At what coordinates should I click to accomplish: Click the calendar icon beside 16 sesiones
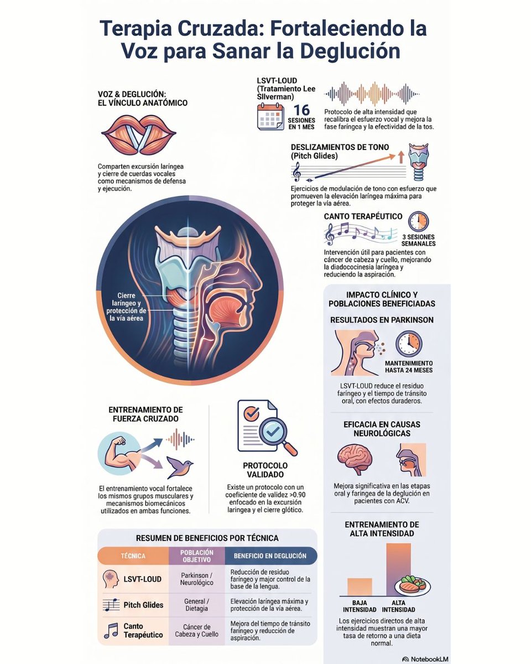point(270,117)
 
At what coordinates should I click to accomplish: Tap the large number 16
point(301,110)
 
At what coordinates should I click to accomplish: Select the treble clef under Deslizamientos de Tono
point(296,172)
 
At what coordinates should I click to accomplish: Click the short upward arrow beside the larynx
point(401,157)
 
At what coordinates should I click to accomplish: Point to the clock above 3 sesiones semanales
point(418,221)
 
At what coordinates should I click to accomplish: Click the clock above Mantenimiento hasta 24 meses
point(409,344)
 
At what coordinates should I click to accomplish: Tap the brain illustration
point(355,460)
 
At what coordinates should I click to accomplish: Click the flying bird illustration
point(179,466)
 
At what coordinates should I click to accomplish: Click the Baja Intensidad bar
point(360,587)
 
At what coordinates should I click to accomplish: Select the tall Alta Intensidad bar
point(398,569)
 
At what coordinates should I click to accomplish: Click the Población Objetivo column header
point(196,556)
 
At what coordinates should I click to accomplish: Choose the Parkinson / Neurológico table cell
point(196,579)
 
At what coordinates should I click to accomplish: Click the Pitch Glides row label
point(143,605)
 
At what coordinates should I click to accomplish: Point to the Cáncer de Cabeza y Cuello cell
point(196,631)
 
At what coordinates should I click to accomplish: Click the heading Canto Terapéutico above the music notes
point(363,216)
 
